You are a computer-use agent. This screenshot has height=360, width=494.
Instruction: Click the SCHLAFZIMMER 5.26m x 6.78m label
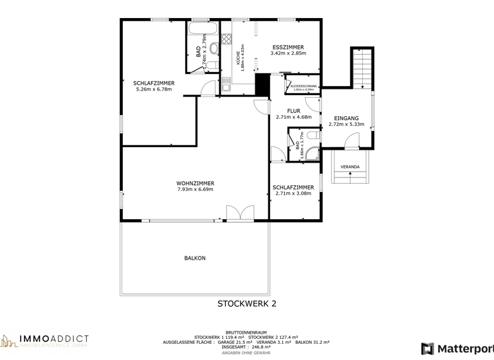[154, 86]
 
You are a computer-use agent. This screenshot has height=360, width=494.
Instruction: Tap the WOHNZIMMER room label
[195, 186]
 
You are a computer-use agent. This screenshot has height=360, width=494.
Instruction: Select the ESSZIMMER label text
[288, 50]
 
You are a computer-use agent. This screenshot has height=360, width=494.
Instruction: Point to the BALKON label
[195, 258]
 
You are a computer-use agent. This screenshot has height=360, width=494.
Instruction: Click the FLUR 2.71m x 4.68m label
[293, 114]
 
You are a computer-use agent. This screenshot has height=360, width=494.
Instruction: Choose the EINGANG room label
[346, 122]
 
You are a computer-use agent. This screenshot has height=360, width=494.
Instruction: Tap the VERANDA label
[350, 167]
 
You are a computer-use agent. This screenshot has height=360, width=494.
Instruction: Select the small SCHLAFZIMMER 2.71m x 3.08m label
[293, 190]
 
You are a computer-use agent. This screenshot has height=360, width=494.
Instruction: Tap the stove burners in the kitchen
[226, 39]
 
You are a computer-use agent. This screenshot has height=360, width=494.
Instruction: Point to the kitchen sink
[226, 82]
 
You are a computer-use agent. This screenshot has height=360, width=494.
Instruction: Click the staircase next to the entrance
[361, 68]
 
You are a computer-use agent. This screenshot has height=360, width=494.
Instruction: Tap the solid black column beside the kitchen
[262, 84]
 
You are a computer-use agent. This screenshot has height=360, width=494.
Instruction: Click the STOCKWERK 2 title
[246, 304]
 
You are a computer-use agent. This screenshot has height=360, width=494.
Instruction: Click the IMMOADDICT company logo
[45, 341]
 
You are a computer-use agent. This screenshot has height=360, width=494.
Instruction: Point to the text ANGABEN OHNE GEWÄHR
[246, 353]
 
